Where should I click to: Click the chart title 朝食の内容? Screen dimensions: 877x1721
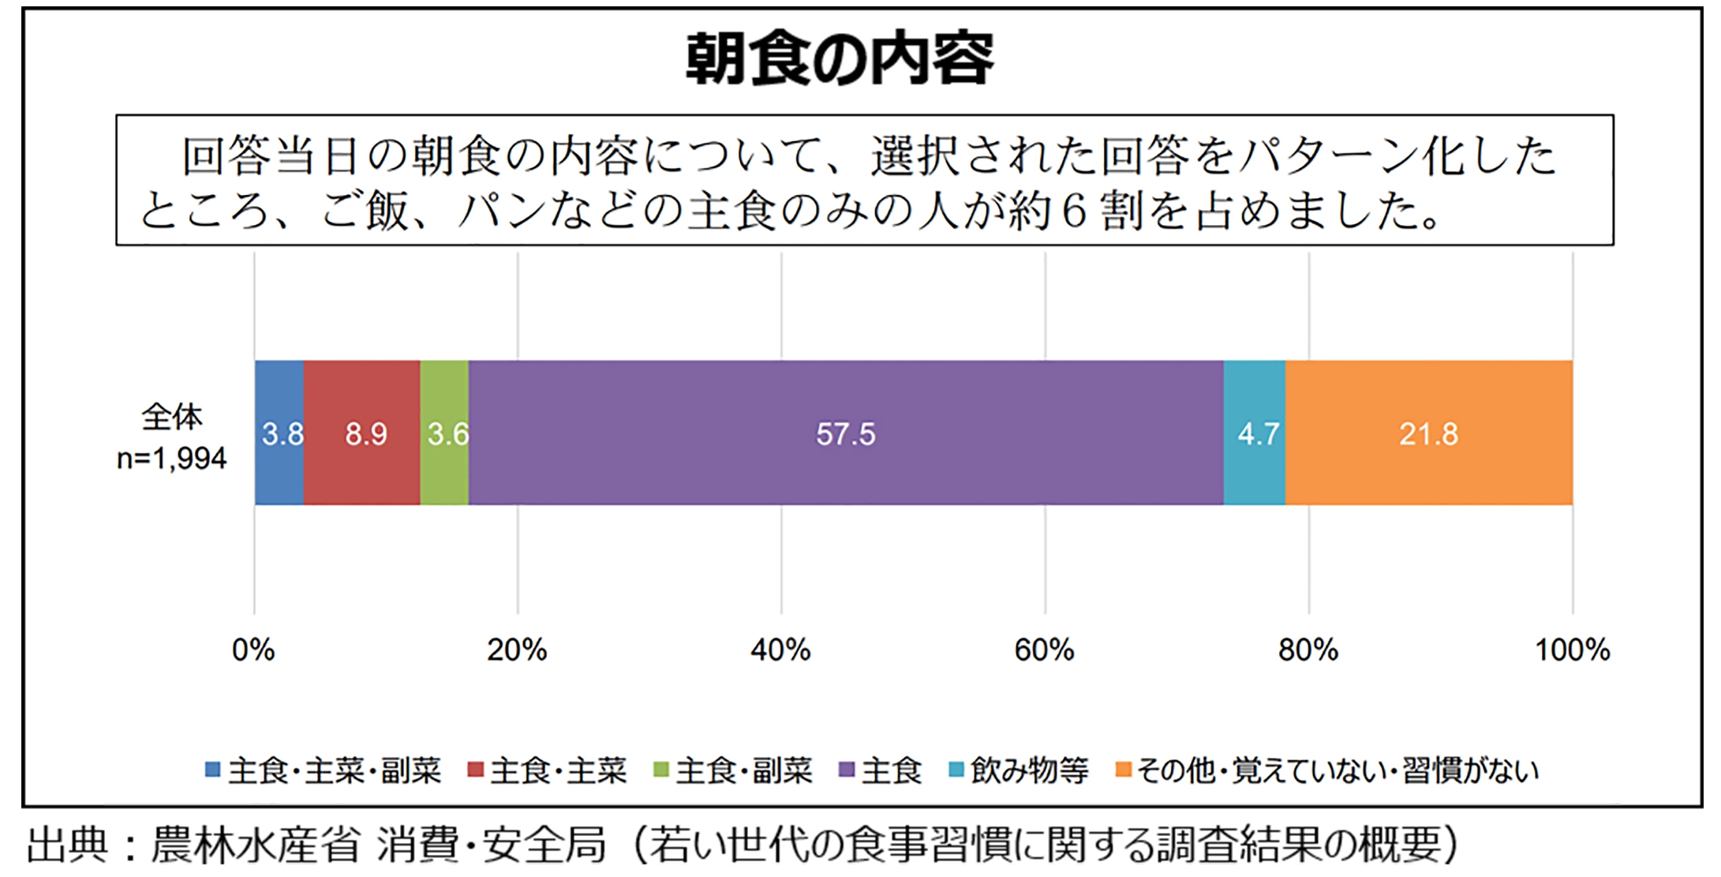coord(840,60)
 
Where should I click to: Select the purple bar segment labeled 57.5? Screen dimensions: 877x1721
coord(845,433)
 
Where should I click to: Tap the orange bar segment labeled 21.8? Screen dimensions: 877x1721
coord(1428,433)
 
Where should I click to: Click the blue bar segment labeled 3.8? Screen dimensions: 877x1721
coord(279,433)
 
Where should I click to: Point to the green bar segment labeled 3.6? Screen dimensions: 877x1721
coord(444,433)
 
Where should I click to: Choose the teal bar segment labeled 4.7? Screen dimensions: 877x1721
coord(1254,433)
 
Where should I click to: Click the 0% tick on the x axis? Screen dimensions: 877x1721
coord(253,650)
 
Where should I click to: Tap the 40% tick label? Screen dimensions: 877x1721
coord(780,650)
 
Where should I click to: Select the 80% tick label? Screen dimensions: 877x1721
coord(1308,650)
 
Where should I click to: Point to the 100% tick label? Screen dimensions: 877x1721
coord(1572,650)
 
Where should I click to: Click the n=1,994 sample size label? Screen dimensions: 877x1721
coord(172,459)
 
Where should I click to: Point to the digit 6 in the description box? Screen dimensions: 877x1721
coord(1074,212)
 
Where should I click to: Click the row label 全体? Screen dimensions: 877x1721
coord(172,417)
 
